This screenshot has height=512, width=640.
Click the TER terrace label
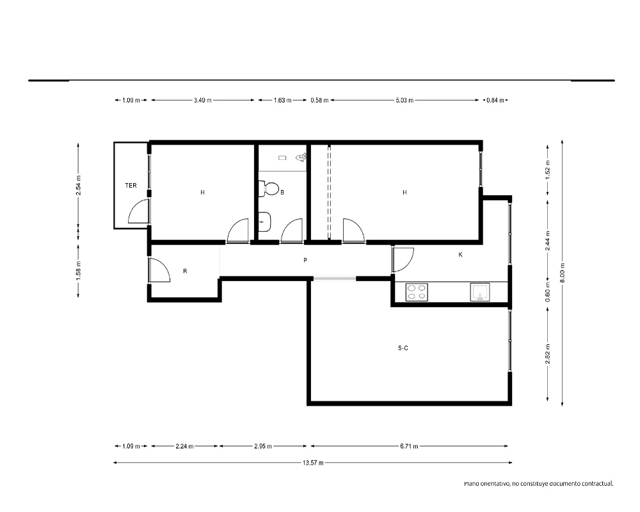[x=131, y=186]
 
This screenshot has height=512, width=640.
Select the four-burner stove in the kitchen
[x=417, y=292]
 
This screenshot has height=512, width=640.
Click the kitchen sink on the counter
[x=480, y=292]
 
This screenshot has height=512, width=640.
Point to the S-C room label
[x=403, y=348]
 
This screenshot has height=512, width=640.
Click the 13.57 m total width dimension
[x=313, y=463]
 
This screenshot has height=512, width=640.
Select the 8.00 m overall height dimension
[x=563, y=273]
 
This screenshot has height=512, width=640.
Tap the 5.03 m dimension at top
[x=404, y=100]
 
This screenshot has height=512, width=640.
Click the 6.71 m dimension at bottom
[x=409, y=446]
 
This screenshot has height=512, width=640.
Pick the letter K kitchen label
[x=460, y=255]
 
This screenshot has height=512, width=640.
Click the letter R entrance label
[x=185, y=271]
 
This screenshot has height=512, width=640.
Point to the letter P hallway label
[x=305, y=260]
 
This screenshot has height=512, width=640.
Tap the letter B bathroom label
[x=282, y=192]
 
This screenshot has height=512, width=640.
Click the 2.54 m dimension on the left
[x=78, y=186]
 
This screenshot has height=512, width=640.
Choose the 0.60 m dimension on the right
[x=548, y=292]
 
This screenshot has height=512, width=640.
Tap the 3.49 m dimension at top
[x=202, y=100]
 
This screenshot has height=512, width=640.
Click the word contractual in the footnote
[x=597, y=484]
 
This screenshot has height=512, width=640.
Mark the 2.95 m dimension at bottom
[x=263, y=446]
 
